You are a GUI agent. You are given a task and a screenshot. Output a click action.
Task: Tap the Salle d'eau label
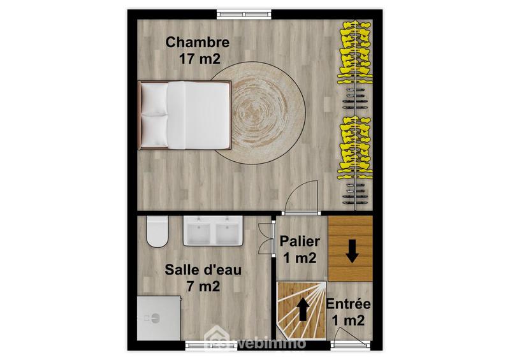[203, 270]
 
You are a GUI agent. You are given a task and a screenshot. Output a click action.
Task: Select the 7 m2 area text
[203, 286]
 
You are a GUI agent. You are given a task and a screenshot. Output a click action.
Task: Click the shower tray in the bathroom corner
[159, 319]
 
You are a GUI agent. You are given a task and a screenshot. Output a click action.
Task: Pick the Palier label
[300, 242]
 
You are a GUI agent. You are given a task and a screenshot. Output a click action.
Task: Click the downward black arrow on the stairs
[351, 254]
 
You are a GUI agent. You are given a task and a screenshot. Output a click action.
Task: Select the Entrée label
[348, 305]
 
